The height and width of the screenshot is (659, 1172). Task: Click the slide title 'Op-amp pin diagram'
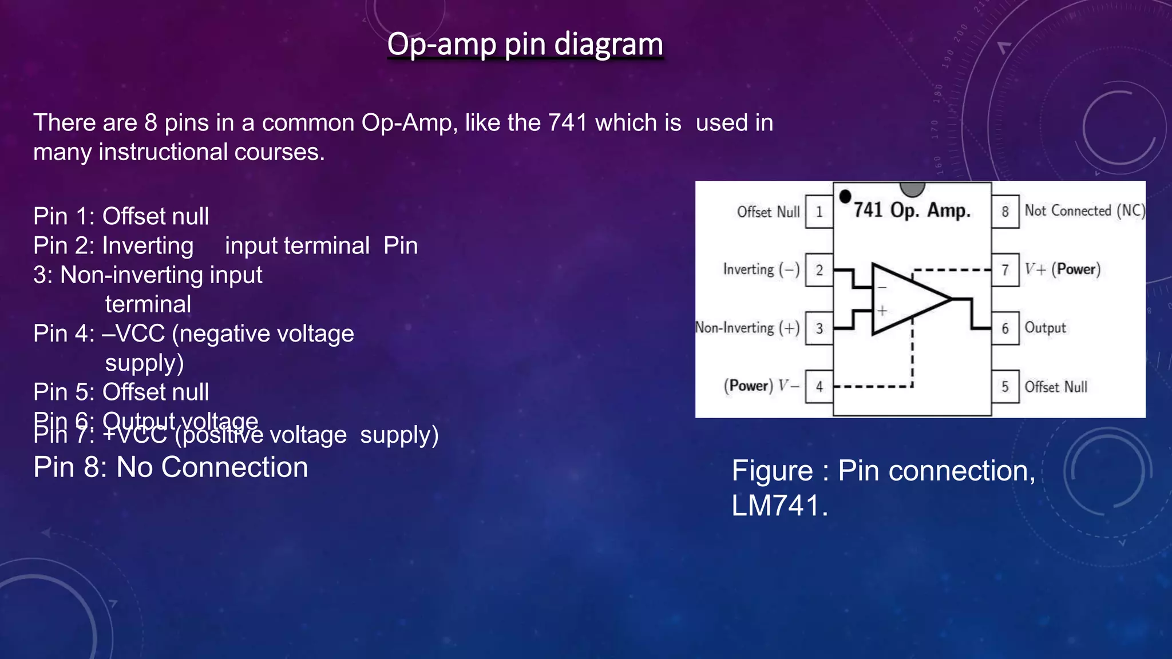click(525, 44)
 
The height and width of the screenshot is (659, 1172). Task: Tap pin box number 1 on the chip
click(819, 212)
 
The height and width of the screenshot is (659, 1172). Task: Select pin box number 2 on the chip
click(819, 270)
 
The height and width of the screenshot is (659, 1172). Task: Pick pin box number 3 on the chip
click(819, 328)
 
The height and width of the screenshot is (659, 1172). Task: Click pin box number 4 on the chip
click(819, 387)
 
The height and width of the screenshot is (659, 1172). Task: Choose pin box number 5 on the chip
click(1005, 387)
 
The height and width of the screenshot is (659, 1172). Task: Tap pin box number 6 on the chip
click(1005, 328)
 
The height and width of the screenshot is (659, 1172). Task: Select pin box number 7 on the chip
click(1005, 270)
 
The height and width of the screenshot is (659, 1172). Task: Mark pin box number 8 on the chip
click(1005, 212)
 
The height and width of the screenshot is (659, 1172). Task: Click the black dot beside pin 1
click(845, 197)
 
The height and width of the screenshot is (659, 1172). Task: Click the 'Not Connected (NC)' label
click(1084, 211)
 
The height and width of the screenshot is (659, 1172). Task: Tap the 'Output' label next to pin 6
click(1045, 328)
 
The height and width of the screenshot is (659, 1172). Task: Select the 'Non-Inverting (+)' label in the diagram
click(747, 328)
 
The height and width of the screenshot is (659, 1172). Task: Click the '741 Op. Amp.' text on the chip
click(912, 211)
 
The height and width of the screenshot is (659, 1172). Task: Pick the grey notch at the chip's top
click(912, 188)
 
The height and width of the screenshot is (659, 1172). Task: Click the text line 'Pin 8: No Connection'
click(171, 467)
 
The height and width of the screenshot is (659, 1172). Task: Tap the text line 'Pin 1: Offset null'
click(121, 216)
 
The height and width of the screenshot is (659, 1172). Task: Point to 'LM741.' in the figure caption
click(779, 506)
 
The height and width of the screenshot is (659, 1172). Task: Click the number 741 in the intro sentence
click(568, 122)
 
